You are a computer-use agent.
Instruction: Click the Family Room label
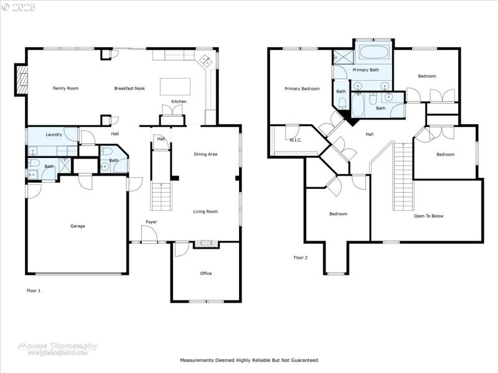pyautogui.click(x=65, y=89)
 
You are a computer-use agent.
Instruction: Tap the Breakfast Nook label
pyautogui.click(x=129, y=89)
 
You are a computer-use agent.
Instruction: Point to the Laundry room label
pyautogui.click(x=53, y=134)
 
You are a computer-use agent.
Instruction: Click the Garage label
pyautogui.click(x=77, y=226)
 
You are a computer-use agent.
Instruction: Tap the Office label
pyautogui.click(x=205, y=274)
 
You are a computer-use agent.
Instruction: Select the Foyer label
pyautogui.click(x=151, y=222)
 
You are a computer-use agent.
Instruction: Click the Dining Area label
pyautogui.click(x=205, y=154)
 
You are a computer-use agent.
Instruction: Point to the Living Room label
pyautogui.click(x=205, y=212)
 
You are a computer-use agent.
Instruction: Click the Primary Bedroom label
pyautogui.click(x=302, y=89)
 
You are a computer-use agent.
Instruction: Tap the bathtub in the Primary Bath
pyautogui.click(x=374, y=52)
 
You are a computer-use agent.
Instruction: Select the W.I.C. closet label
pyautogui.click(x=295, y=140)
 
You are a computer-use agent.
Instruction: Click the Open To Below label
pyautogui.click(x=428, y=216)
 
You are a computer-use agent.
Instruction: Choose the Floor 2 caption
pyautogui.click(x=301, y=257)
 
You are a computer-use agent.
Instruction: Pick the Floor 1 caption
pyautogui.click(x=34, y=290)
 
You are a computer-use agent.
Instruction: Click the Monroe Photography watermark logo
pyautogui.click(x=57, y=348)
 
